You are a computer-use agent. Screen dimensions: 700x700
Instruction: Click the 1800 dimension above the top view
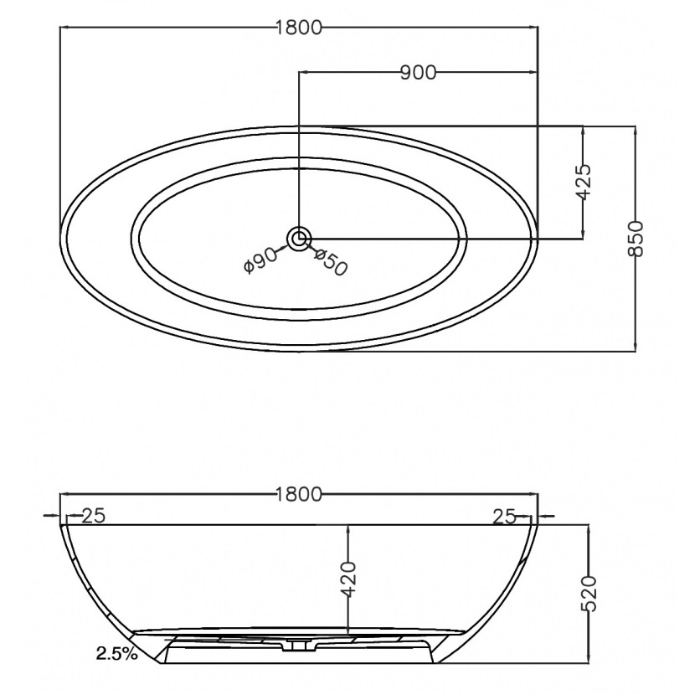(x=299, y=28)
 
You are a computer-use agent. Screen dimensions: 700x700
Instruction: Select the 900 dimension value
(x=418, y=72)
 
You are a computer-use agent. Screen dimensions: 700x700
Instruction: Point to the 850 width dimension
(x=636, y=239)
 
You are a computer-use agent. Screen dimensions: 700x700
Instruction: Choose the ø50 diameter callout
(x=331, y=262)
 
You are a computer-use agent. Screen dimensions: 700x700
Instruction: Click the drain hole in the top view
(x=299, y=239)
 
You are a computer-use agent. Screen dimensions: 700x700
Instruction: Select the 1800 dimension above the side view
(x=299, y=494)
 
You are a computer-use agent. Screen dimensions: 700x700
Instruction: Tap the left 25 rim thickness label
(x=94, y=516)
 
